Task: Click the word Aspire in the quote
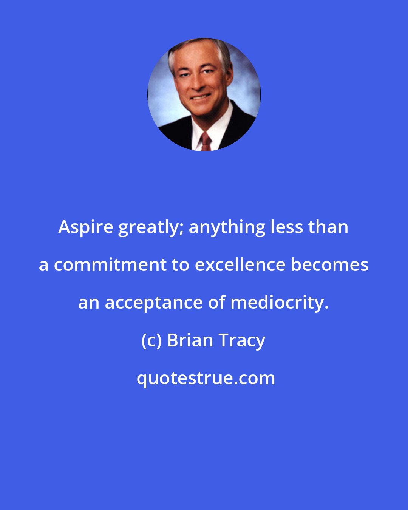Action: click(85, 227)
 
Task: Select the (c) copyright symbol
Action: click(151, 341)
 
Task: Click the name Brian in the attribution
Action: click(190, 340)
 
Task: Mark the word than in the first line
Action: click(328, 227)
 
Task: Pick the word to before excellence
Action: click(181, 265)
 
